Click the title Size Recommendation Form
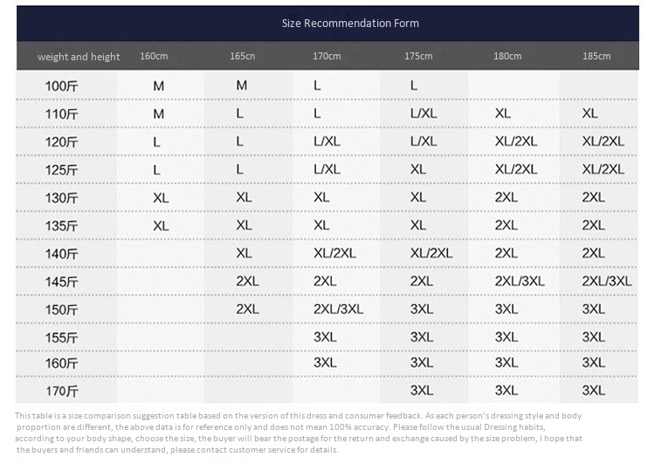tap(350, 23)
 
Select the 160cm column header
tap(154, 56)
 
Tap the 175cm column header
tap(418, 56)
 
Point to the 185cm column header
tap(596, 56)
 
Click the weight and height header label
tap(79, 57)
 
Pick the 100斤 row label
tap(61, 87)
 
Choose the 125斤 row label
tap(61, 170)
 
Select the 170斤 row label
tap(61, 391)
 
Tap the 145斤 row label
tap(61, 282)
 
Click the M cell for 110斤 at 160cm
tap(159, 114)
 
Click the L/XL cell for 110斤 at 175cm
tap(424, 114)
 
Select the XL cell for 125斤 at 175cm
tap(418, 170)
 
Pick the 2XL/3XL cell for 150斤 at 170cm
tap(338, 309)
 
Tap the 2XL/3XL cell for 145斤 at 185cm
tap(607, 280)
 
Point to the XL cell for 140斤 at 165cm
tap(244, 253)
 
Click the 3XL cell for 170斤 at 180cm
tap(507, 391)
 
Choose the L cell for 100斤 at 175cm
tap(414, 86)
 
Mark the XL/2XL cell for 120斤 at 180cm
tap(516, 142)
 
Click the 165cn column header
tap(242, 56)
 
